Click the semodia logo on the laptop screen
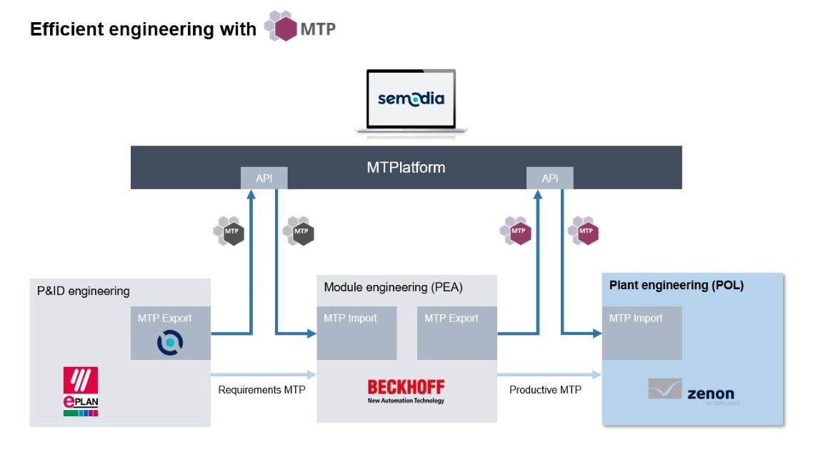coord(411,98)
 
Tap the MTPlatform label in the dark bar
coord(406,168)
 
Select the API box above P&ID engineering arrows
coord(264,179)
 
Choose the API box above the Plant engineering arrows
coord(549,179)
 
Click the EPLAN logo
coord(81,392)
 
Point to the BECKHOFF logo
coord(406,391)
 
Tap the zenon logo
coord(691,391)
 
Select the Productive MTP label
coord(545,390)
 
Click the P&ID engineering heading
coord(84,291)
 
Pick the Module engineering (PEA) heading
coord(393,288)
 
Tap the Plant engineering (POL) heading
coord(676,285)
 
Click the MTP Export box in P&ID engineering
coord(170,333)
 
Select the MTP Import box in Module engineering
coord(356,333)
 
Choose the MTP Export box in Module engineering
coord(457,333)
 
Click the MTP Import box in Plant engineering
coord(642,333)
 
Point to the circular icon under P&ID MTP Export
coord(170,342)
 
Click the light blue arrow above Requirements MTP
coord(264,374)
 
